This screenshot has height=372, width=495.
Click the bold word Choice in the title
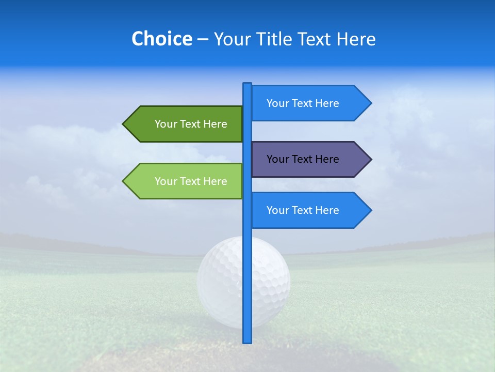[161, 39]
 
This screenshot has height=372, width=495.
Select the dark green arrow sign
[186, 124]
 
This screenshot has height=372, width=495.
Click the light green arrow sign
[186, 181]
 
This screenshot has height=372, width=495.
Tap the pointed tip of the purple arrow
[370, 159]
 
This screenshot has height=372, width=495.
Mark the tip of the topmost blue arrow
[370, 103]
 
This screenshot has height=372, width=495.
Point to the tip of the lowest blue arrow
[370, 210]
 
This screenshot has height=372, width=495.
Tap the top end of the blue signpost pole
[247, 84]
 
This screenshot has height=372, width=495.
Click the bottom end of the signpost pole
[247, 341]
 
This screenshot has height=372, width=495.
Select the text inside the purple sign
[303, 159]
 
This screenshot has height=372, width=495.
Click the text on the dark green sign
[191, 124]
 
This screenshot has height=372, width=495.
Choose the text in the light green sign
[191, 181]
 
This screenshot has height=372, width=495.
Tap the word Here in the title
[356, 39]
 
